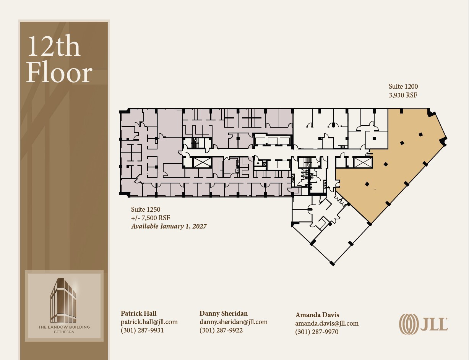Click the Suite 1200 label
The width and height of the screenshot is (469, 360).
pos(403,86)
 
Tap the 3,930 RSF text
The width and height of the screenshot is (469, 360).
pos(403,95)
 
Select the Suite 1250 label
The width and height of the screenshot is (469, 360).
pos(146,209)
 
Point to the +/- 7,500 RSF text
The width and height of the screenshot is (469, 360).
pos(151,218)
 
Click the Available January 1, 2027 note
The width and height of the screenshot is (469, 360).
pos(169,226)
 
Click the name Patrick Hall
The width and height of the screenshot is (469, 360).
pos(138,313)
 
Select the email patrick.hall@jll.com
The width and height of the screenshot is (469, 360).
pos(149,322)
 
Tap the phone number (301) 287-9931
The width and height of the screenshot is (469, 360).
pos(142,330)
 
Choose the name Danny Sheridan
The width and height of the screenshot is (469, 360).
pos(223,313)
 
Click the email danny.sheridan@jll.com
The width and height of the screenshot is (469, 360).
pos(234,322)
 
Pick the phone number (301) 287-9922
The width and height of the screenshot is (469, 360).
pos(221,330)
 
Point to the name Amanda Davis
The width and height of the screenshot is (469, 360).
pos(317,315)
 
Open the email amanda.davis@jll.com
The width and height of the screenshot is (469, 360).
pos(327,323)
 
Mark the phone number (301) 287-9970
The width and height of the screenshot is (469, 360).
pos(317,332)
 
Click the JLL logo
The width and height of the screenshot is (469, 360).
pos(423,324)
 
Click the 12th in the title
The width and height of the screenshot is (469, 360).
pos(54,46)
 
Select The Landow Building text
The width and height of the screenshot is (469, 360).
pos(64,327)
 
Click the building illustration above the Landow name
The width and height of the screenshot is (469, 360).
pos(63,300)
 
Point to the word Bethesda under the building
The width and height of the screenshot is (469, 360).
pos(64,332)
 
